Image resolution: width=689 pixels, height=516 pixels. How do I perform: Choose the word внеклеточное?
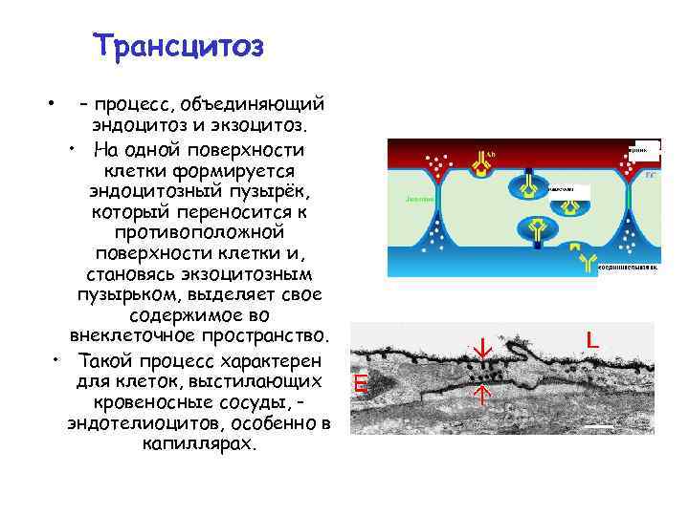coord(130,338)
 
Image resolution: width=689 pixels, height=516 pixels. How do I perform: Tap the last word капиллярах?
coord(200,444)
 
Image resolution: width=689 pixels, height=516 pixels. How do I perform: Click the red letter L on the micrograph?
coord(592,340)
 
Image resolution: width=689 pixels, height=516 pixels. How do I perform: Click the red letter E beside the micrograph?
coord(360,385)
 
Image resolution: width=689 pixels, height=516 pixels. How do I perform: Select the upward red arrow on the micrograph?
coord(483,394)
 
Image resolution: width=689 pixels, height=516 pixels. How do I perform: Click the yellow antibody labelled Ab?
coord(478,163)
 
